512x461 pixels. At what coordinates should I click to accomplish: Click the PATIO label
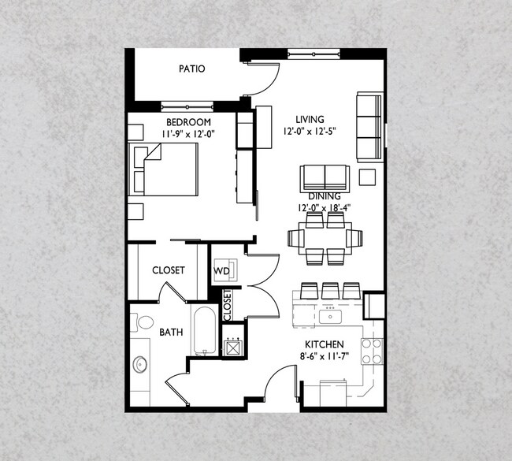click(192, 69)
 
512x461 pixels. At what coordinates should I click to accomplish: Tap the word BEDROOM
click(188, 122)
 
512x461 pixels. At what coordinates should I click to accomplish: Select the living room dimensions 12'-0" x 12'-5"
click(310, 132)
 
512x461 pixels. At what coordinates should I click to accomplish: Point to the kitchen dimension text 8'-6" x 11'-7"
click(325, 356)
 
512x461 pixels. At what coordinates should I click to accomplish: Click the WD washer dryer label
click(221, 271)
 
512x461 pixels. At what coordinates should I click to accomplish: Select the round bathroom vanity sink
click(140, 365)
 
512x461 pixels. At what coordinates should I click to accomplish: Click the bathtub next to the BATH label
click(205, 330)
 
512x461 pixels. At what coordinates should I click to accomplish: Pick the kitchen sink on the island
click(331, 317)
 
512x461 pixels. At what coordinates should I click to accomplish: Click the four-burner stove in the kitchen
click(372, 351)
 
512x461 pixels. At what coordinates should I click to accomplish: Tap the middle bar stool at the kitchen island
click(331, 291)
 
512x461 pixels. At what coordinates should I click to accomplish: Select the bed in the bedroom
click(163, 169)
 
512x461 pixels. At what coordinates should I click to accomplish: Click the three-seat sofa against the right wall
click(369, 127)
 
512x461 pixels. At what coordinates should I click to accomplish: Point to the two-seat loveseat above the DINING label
click(325, 178)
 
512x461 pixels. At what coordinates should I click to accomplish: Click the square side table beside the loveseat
click(367, 177)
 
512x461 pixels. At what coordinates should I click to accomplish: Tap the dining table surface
click(325, 238)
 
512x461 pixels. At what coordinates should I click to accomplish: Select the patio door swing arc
click(269, 84)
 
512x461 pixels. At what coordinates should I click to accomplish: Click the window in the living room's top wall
click(314, 54)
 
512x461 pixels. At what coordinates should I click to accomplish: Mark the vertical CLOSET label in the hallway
click(228, 306)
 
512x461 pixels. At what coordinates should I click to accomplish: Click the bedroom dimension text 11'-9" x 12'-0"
click(188, 134)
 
